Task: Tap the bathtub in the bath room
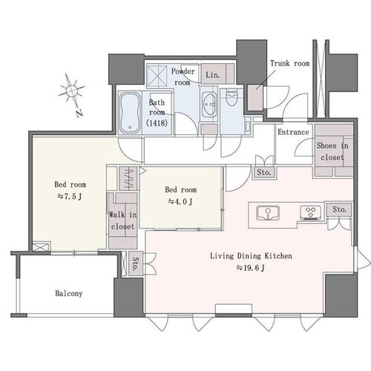coord(130,113)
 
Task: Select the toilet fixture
coord(232,97)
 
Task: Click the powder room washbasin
coord(209,105)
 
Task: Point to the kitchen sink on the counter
coord(268,213)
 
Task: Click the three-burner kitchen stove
coord(311,213)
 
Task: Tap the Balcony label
coord(69,294)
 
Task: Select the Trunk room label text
coord(290,64)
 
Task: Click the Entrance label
coord(293,132)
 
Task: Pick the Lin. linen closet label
coord(213,75)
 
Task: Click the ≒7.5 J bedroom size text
coord(70,197)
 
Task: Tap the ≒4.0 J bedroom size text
coord(180,202)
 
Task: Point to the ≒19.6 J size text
coord(251,268)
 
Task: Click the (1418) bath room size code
coord(157,123)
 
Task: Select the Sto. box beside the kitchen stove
coord(339,209)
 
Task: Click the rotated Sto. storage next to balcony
coord(136,263)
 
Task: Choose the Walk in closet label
coord(122,220)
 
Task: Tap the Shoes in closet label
coord(332,151)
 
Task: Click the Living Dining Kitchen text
coord(251,256)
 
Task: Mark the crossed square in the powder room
coord(157,76)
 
